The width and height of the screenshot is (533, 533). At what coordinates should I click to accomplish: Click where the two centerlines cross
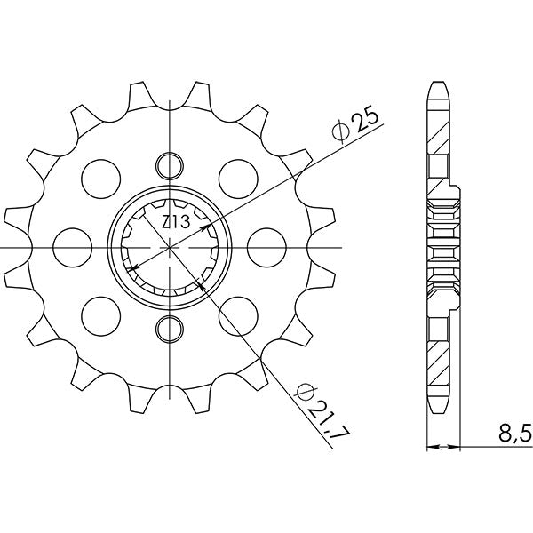169,247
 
